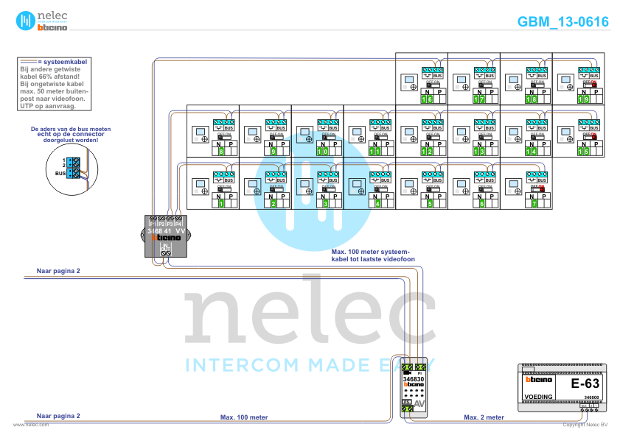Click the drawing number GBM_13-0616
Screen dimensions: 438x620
(563, 22)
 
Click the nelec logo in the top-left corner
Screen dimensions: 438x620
(42, 20)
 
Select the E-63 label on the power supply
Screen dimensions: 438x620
(586, 384)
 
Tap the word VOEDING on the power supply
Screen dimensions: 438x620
(538, 397)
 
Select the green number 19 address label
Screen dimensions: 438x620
(582, 99)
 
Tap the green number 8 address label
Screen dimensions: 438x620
(221, 152)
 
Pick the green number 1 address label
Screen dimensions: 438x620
(221, 204)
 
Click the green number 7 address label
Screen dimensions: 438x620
(534, 204)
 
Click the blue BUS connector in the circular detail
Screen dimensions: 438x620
(73, 167)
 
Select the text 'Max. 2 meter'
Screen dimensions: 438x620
(484, 417)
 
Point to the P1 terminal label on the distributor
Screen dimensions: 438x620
(152, 222)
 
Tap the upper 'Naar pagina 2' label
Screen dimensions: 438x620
(58, 271)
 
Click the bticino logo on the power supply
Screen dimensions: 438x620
(538, 380)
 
